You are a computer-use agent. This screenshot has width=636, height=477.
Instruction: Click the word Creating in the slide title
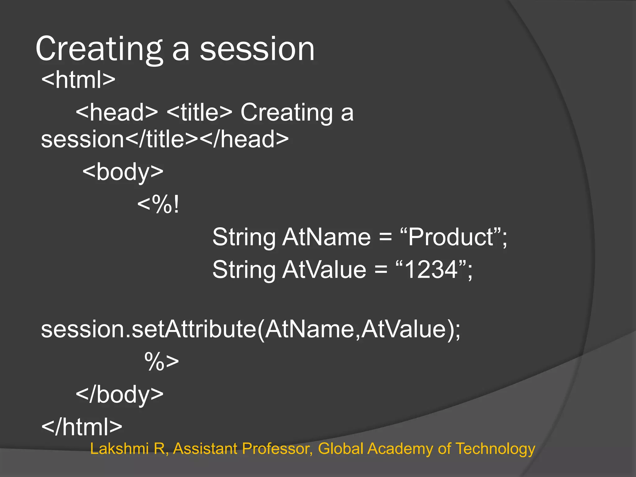(x=99, y=49)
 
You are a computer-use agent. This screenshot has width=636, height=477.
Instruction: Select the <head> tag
(x=117, y=112)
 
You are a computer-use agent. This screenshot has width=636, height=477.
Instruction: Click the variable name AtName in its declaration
(x=326, y=237)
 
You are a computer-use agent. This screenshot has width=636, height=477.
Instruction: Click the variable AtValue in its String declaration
(x=324, y=270)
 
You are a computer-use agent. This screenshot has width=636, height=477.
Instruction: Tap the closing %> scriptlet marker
(x=161, y=361)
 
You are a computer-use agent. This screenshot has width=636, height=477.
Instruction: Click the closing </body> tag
(x=120, y=394)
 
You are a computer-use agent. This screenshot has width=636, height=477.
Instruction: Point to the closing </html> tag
(x=82, y=427)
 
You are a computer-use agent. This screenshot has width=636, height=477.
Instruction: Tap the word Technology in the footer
(x=495, y=449)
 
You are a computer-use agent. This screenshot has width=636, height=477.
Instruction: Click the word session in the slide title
(x=257, y=49)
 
